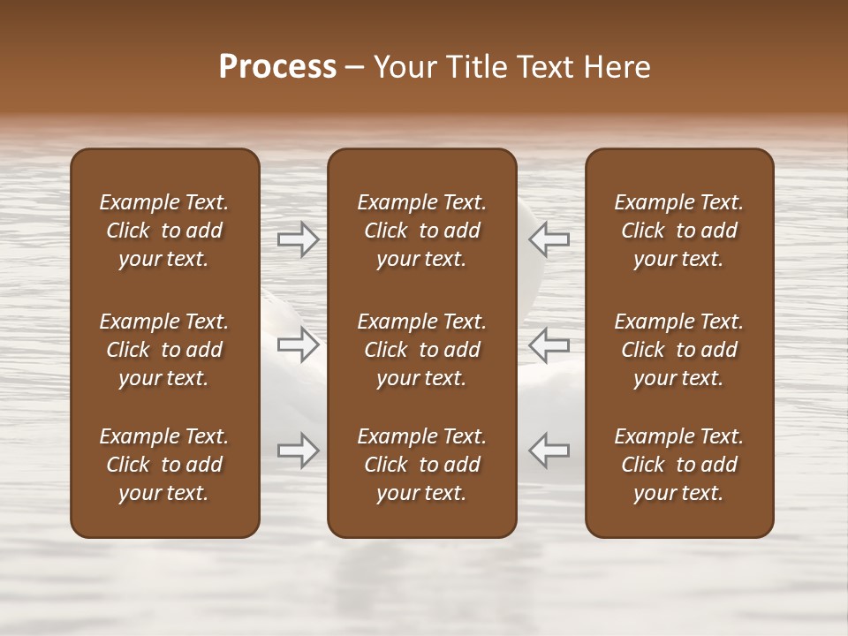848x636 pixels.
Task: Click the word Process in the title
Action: [277, 67]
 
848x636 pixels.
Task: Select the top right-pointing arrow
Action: [299, 239]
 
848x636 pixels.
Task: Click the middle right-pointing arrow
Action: [299, 344]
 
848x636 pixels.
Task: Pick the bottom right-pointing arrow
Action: [299, 450]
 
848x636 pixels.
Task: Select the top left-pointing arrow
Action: [549, 239]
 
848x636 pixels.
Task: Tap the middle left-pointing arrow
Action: [549, 344]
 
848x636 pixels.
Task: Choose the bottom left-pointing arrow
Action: [549, 450]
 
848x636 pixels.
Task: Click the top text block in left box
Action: [164, 231]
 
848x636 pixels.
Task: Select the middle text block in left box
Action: [164, 350]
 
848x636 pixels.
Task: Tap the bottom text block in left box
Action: [164, 465]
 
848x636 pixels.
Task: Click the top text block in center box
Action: [421, 231]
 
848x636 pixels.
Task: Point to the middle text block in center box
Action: [421, 350]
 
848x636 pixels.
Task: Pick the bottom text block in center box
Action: [421, 465]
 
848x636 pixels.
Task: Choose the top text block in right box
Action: [678, 231]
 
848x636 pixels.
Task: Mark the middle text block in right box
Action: [678, 350]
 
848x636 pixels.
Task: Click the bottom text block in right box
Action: [678, 465]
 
